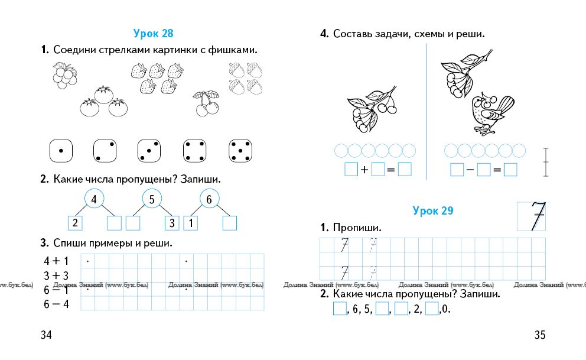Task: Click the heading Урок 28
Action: click(153, 33)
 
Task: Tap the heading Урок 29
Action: click(433, 210)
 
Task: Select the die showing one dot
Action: click(61, 151)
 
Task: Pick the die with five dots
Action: click(240, 151)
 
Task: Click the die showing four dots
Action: click(195, 151)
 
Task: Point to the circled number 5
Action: click(152, 199)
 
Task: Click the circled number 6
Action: click(209, 199)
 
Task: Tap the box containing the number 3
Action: click(172, 223)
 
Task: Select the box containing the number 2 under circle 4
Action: click(75, 223)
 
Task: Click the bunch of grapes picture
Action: click(64, 76)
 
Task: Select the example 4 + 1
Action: click(56, 261)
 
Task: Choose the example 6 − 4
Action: click(56, 304)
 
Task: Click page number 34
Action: click(46, 335)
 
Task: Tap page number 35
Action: click(540, 335)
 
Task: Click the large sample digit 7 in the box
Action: click(537, 216)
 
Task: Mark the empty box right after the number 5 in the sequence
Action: click(382, 309)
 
